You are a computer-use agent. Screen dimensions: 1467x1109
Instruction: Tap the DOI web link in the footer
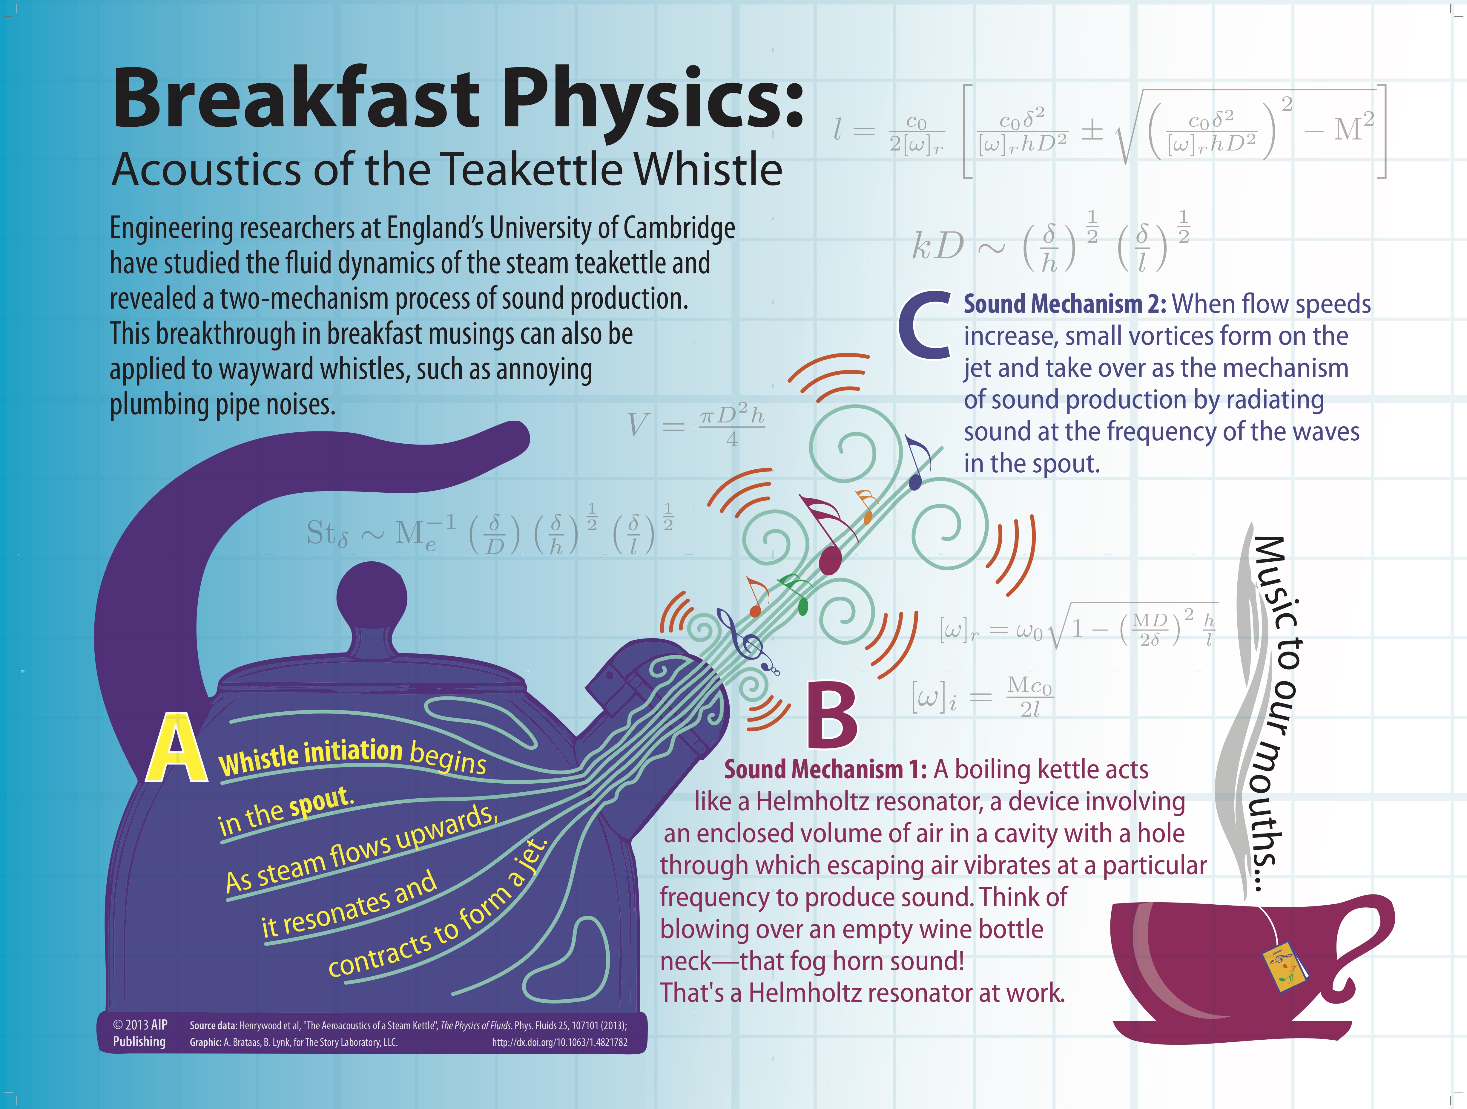point(559,1042)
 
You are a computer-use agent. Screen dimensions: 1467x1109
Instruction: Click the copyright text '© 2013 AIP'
point(140,1025)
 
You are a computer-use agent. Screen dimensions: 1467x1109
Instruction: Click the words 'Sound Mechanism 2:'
point(1064,304)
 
